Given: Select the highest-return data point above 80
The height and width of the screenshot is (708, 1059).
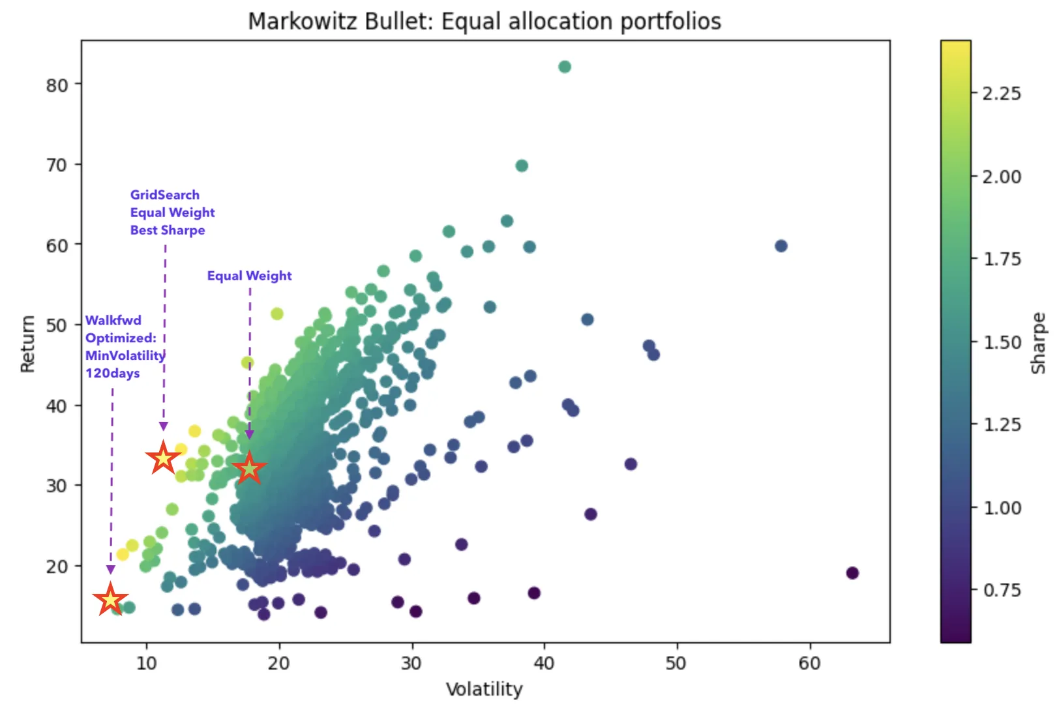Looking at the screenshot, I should tap(565, 66).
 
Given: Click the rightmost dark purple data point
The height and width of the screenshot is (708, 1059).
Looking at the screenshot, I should tap(852, 573).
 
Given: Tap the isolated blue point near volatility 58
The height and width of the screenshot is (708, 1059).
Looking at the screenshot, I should tap(781, 246).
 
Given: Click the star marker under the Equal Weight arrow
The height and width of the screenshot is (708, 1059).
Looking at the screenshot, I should tap(249, 468).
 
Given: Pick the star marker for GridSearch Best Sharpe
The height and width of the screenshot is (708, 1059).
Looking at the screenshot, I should tap(163, 458).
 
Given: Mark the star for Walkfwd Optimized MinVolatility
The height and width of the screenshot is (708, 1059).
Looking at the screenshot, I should tap(110, 599).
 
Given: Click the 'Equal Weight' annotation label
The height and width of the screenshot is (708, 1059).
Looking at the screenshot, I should tap(249, 276).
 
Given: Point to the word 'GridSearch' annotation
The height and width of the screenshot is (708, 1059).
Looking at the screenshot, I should tap(164, 195).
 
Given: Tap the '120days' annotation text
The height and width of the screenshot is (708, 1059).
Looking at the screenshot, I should tap(112, 373).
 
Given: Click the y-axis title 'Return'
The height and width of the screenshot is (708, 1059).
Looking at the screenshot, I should tap(27, 344).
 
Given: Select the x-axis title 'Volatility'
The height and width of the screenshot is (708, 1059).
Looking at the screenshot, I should tap(484, 689).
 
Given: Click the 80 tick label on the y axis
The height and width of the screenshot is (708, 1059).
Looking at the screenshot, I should tap(57, 85).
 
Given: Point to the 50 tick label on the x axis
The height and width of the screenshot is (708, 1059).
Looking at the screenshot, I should tap(676, 664).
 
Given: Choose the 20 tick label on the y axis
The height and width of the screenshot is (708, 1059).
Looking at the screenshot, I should tap(57, 566).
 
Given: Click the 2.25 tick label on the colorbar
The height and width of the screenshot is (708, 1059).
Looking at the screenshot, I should tap(1002, 93).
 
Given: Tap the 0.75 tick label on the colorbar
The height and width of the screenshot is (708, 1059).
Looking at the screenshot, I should tap(1002, 590).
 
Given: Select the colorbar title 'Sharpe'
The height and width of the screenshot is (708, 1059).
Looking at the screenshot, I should tap(1037, 344).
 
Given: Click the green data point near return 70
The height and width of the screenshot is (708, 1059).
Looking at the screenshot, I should tap(522, 166).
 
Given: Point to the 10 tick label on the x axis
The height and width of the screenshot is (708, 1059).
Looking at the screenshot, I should tap(147, 664).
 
